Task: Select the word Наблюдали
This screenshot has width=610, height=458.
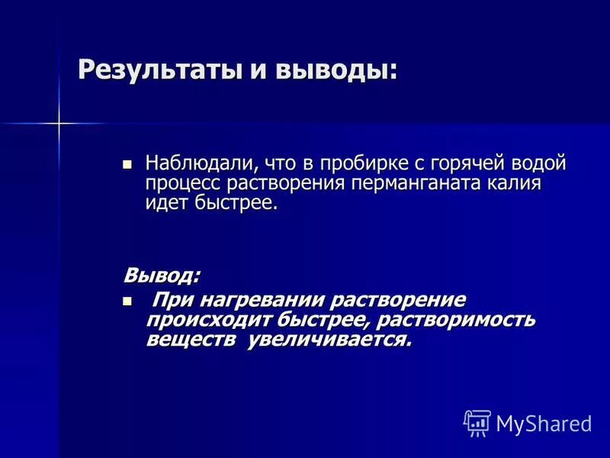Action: click(199, 163)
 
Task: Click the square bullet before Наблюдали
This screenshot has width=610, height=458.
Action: click(127, 163)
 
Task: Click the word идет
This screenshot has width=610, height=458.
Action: click(163, 203)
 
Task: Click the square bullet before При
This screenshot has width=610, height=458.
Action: click(127, 301)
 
